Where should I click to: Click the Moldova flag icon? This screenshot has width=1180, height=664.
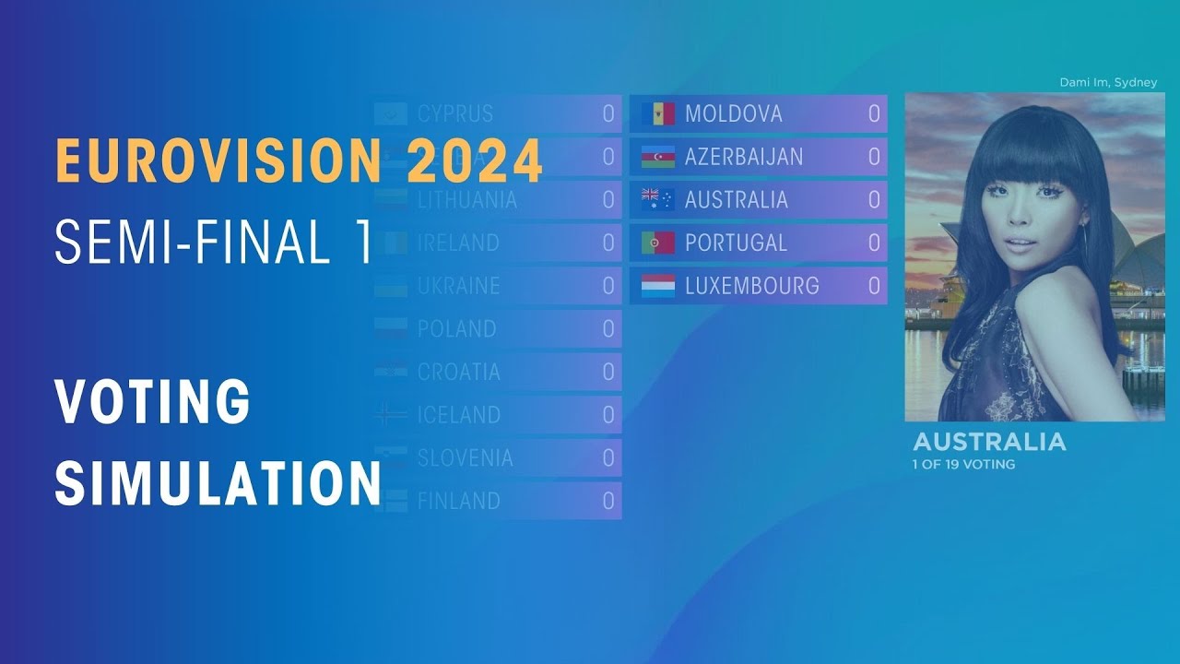(x=658, y=114)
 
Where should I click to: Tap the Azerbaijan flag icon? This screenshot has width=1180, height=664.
(x=658, y=158)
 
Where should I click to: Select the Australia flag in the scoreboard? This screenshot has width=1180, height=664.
(x=658, y=200)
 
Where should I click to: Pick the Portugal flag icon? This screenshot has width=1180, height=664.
(x=658, y=243)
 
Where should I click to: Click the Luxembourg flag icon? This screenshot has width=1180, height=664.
(x=658, y=286)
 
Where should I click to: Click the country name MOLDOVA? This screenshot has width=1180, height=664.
(x=733, y=114)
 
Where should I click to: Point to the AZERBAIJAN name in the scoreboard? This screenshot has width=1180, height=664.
(x=743, y=158)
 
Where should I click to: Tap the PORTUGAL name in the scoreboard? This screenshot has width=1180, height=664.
(x=736, y=243)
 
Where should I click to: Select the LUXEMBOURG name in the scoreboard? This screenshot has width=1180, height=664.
(x=751, y=286)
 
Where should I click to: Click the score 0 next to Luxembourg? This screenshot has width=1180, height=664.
(x=874, y=286)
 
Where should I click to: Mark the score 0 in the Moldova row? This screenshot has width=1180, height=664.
(x=874, y=114)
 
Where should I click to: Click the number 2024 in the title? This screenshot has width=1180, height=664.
(x=474, y=160)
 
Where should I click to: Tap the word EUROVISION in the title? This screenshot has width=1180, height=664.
(x=218, y=160)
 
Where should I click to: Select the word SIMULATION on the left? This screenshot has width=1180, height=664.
(x=218, y=482)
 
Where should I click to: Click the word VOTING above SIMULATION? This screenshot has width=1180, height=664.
(x=152, y=402)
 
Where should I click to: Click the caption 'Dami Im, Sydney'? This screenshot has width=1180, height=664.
(x=1108, y=83)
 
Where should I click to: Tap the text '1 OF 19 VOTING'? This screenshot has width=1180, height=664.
(x=963, y=465)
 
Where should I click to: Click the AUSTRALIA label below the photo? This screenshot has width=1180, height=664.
(x=989, y=442)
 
